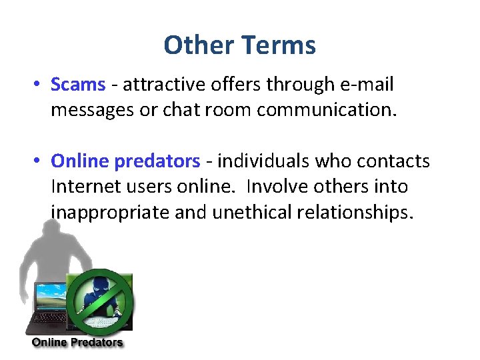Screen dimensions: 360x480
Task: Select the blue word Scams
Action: tap(78, 85)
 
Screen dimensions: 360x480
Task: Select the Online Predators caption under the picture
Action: tap(77, 343)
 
